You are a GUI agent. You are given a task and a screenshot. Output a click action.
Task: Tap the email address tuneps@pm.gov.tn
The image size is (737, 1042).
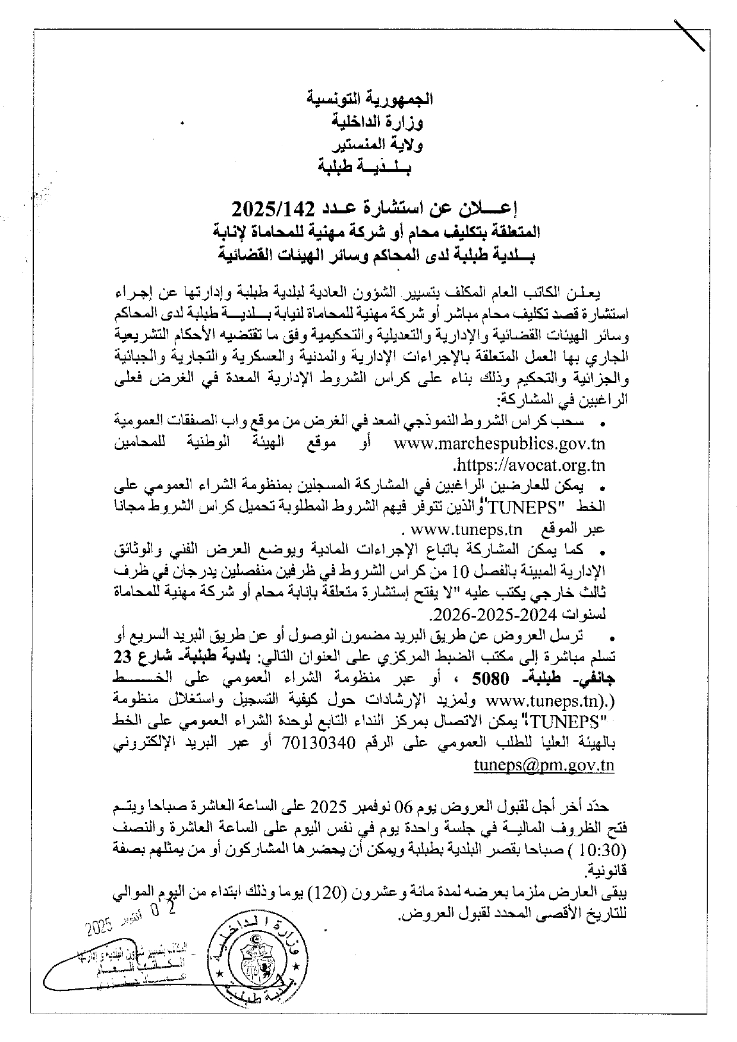coord(544,765)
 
